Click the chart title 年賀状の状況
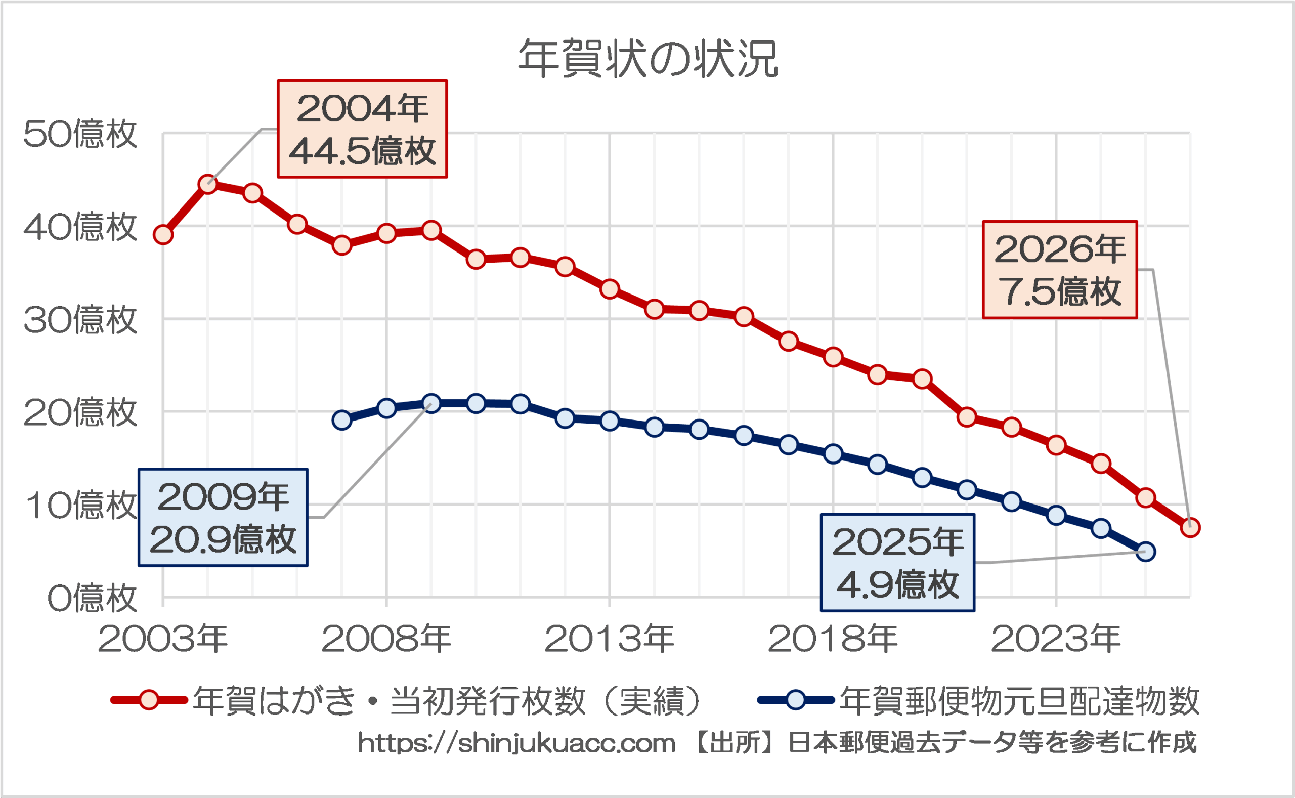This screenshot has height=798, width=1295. [648, 59]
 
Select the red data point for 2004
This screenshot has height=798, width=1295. [208, 184]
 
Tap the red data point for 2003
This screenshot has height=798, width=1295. [163, 234]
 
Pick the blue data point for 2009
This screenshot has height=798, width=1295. [431, 404]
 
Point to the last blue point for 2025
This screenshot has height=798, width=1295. [1146, 552]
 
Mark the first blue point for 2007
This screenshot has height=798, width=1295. [342, 420]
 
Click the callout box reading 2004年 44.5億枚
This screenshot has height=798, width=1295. [362, 129]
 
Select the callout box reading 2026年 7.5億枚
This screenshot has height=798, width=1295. [1060, 270]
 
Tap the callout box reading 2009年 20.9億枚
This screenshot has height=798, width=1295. [223, 518]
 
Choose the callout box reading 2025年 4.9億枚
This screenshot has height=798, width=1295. [897, 563]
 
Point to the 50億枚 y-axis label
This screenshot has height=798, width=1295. [80, 134]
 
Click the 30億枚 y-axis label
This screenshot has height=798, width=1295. [80, 320]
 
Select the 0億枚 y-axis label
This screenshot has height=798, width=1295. [92, 599]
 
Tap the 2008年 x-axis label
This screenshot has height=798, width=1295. [386, 639]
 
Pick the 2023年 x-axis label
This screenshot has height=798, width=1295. [1056, 639]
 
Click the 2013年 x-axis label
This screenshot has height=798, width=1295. [609, 639]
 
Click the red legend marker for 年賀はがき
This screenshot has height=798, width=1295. [149, 700]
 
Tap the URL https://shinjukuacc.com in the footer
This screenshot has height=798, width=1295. [516, 744]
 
